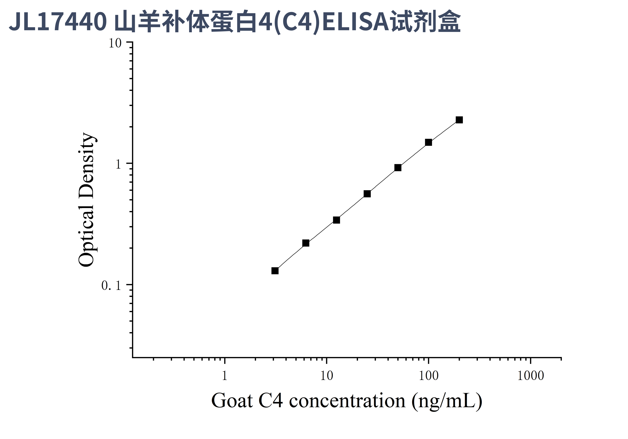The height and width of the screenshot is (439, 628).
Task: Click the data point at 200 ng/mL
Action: pyautogui.click(x=459, y=120)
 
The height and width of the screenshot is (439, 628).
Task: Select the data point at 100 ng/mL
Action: pyautogui.click(x=428, y=142)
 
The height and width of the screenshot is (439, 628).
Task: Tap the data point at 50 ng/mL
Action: pyautogui.click(x=398, y=168)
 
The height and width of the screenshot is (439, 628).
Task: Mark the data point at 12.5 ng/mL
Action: pyautogui.click(x=336, y=220)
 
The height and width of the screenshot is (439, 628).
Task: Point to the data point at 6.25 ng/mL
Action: pyautogui.click(x=306, y=243)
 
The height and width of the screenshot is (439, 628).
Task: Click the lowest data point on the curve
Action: pyautogui.click(x=275, y=271)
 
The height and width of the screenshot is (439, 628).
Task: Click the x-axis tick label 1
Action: pyautogui.click(x=225, y=376)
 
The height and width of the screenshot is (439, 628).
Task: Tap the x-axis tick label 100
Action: pyautogui.click(x=428, y=376)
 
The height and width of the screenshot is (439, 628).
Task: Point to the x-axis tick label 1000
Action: pyautogui.click(x=530, y=376)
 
